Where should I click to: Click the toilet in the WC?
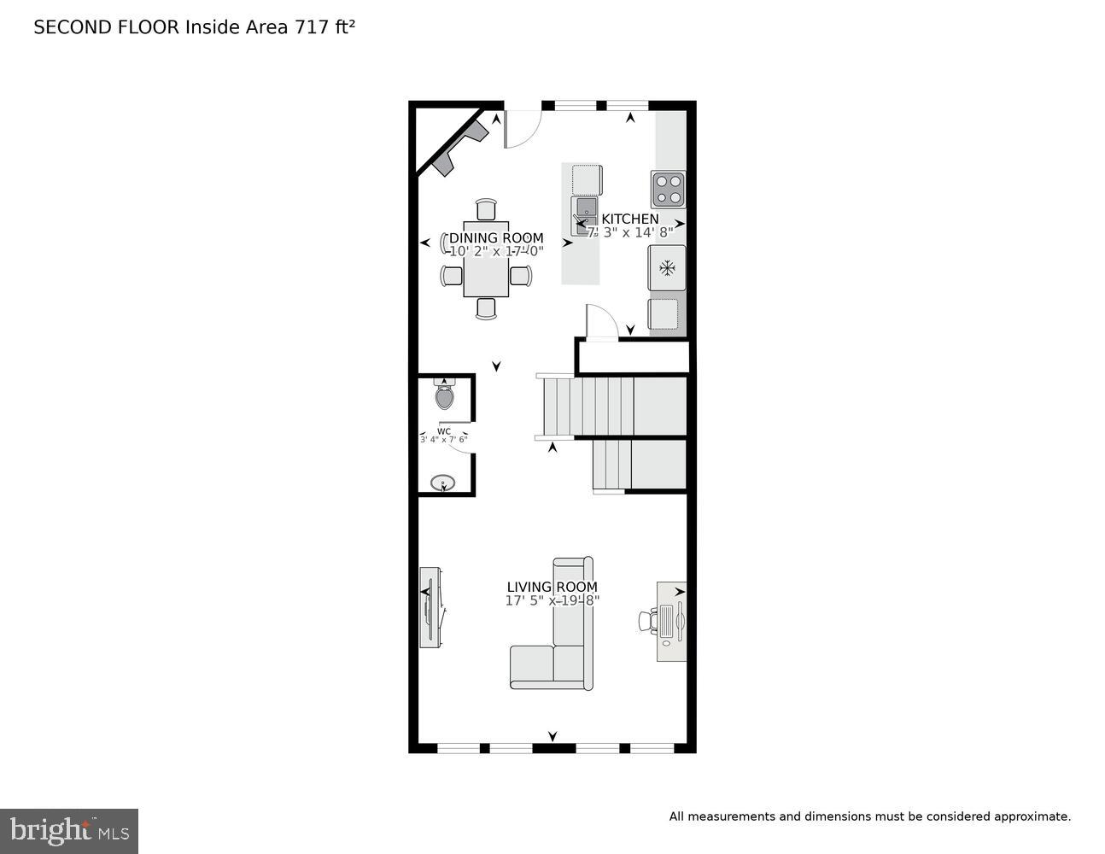point(444,395)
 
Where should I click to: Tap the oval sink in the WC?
point(442,483)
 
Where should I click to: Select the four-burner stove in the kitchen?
point(668,190)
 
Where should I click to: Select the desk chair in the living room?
point(647,620)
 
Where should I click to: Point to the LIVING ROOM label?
point(552,587)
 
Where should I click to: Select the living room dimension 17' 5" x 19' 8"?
point(552,600)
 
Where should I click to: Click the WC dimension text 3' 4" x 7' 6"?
point(443,439)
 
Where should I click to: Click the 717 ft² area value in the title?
point(324,27)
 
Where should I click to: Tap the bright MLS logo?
point(69,830)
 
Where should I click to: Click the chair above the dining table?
point(486,209)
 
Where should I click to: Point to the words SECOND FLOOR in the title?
point(107,27)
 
